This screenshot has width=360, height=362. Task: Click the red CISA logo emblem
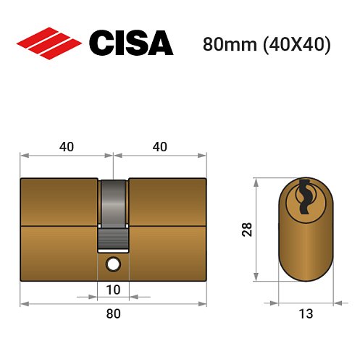click(x=49, y=43)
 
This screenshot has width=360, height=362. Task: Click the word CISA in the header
click(x=130, y=43)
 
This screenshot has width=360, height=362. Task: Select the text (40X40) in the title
click(x=298, y=44)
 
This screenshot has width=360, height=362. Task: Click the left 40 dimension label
click(x=67, y=146)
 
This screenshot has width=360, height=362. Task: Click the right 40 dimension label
click(x=160, y=146)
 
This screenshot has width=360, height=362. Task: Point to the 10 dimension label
click(x=113, y=290)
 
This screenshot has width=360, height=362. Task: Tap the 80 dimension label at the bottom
click(x=113, y=313)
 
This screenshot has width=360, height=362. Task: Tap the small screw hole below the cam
click(x=113, y=264)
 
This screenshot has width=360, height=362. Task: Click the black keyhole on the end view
click(x=305, y=198)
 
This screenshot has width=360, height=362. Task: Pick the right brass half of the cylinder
click(x=167, y=228)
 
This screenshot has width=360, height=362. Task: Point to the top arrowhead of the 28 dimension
click(x=256, y=181)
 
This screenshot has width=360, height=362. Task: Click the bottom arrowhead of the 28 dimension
click(x=256, y=277)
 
